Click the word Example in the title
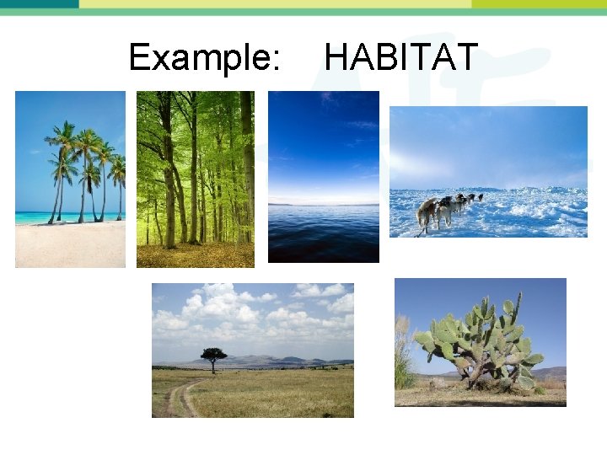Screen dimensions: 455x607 click(x=203, y=57)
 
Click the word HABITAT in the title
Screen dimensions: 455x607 click(x=401, y=57)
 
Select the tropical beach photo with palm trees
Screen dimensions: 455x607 click(x=70, y=179)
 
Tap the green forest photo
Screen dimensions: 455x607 click(x=196, y=179)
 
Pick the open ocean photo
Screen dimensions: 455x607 click(x=324, y=177)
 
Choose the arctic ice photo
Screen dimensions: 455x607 click(x=488, y=171)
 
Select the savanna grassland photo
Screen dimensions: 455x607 click(x=253, y=350)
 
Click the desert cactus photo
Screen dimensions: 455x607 click(x=481, y=342)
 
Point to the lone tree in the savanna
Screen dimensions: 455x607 click(x=213, y=357)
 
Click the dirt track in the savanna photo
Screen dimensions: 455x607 click(x=179, y=399)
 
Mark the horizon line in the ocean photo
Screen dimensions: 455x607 click(x=324, y=204)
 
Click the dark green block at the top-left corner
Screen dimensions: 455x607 click(x=39, y=3)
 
